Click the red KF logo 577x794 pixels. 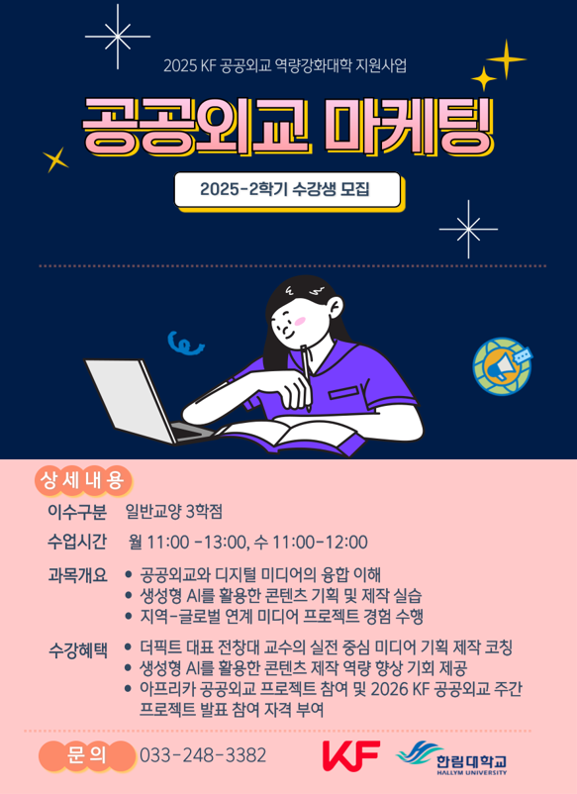click(x=350, y=755)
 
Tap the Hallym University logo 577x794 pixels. click(x=451, y=757)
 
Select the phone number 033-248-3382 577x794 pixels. click(x=203, y=755)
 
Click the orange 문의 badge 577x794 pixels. click(x=86, y=755)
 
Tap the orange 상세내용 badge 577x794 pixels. click(x=83, y=480)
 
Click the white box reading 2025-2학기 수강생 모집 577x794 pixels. click(x=287, y=189)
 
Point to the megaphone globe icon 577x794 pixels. click(x=502, y=365)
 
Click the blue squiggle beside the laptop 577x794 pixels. click(x=185, y=343)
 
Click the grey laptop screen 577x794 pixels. click(x=130, y=401)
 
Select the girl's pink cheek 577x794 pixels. click(x=300, y=321)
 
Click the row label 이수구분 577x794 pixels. click(x=77, y=512)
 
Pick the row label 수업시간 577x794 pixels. click(x=77, y=542)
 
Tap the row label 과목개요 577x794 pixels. click(x=77, y=575)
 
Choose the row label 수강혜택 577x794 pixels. click(x=77, y=649)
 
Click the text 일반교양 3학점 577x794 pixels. click(x=174, y=512)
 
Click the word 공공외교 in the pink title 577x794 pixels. click(x=195, y=126)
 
